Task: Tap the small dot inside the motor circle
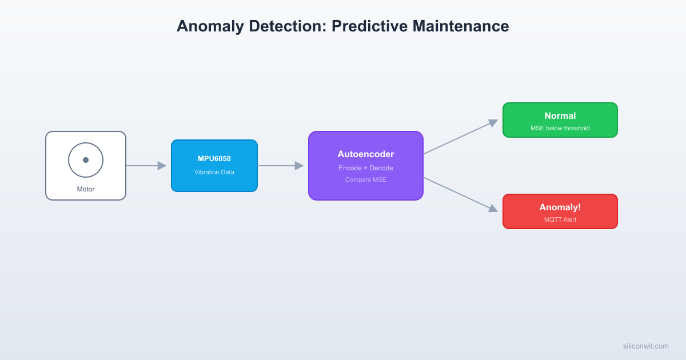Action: pyautogui.click(x=86, y=160)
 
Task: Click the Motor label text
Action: pyautogui.click(x=86, y=189)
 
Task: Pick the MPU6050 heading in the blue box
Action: pyautogui.click(x=214, y=159)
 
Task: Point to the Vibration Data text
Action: pyautogui.click(x=214, y=172)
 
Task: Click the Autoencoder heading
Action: pyautogui.click(x=366, y=154)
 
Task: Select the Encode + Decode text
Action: pyautogui.click(x=366, y=168)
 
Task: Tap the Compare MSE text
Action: pyautogui.click(x=366, y=179)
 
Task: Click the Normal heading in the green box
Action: pyautogui.click(x=560, y=116)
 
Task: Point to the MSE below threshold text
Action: pyautogui.click(x=560, y=128)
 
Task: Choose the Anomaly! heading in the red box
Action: pyautogui.click(x=560, y=207)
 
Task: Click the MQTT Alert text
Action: pyautogui.click(x=560, y=219)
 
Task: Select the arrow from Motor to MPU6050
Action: pyautogui.click(x=146, y=166)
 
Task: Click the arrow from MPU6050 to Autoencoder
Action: pyautogui.click(x=281, y=166)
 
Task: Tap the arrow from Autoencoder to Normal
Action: pyautogui.click(x=460, y=137)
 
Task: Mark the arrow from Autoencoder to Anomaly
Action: pyautogui.click(x=460, y=194)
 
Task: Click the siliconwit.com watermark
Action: pyautogui.click(x=646, y=346)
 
